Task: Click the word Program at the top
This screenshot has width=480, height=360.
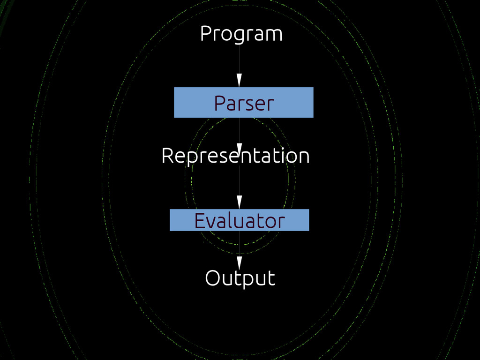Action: (241, 34)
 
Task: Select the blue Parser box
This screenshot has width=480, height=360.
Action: (243, 102)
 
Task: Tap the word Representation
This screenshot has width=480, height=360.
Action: (235, 156)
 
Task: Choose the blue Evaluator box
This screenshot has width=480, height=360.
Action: (239, 220)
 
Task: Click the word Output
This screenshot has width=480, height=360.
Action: (240, 278)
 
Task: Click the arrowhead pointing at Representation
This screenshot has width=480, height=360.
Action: (239, 149)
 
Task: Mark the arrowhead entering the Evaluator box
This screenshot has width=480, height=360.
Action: (239, 202)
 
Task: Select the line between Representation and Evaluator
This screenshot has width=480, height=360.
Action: (239, 180)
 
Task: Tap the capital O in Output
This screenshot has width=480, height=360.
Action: (212, 278)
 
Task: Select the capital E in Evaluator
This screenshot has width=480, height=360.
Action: (199, 220)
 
